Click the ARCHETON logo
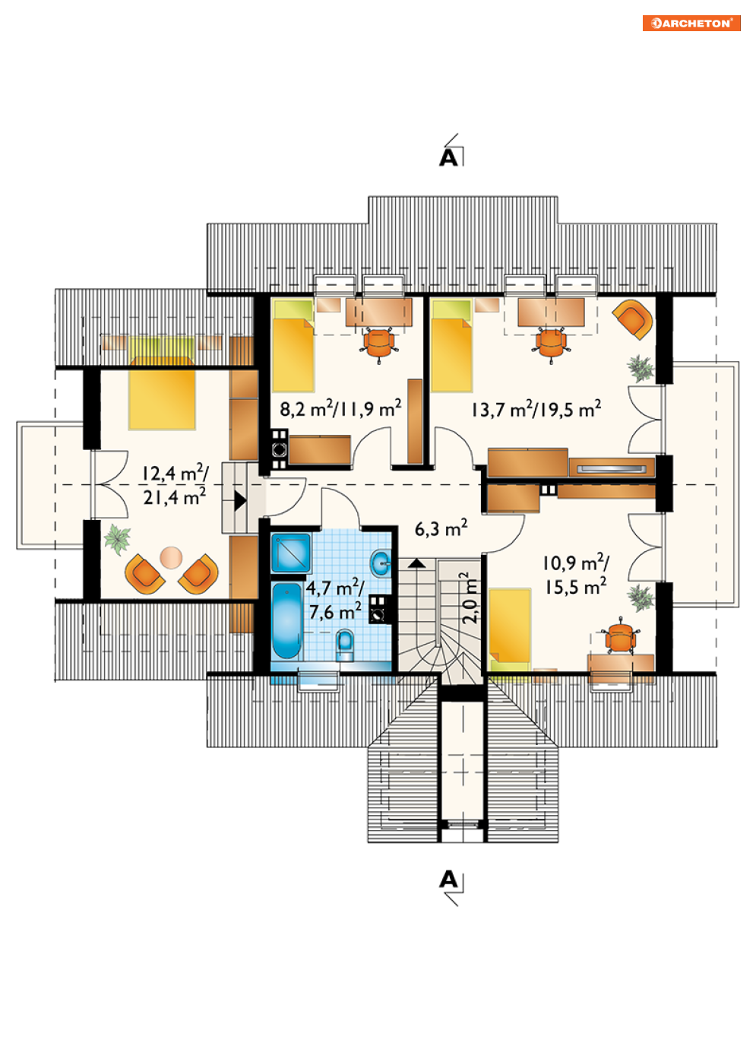pos(691,23)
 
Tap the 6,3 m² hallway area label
pos(441,528)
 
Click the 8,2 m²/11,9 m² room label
pos(340,408)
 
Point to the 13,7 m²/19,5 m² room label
pos(536,409)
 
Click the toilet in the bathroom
pos(344,645)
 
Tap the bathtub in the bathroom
pos(286,621)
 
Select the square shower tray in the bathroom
pos(291,553)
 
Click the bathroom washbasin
pos(381,563)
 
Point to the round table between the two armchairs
pos(171,557)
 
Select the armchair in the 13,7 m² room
pos(634,319)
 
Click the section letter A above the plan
pos(448,158)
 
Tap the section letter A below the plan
pos(448,880)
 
